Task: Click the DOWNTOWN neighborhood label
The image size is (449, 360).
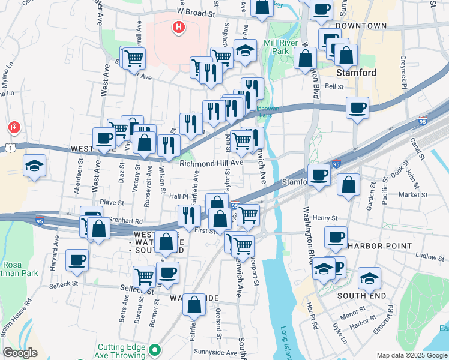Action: (361, 26)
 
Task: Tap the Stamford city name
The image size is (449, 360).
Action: (356, 73)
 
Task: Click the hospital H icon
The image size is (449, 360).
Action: (178, 27)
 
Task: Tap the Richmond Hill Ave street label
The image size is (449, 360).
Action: (211, 163)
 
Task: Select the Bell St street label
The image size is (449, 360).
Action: (334, 86)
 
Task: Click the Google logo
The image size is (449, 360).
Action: (20, 353)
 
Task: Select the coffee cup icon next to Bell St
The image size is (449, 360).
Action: (358, 108)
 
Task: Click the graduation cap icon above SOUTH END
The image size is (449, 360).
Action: (369, 278)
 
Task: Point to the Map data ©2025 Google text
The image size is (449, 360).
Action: (411, 355)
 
